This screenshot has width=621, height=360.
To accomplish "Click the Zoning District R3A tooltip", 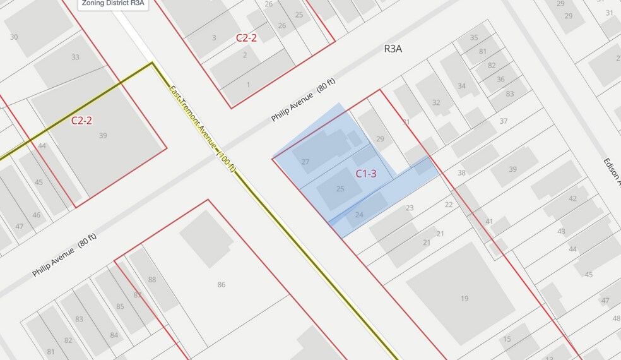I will [x=112, y=4].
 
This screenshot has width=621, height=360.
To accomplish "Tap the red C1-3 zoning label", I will [x=366, y=173].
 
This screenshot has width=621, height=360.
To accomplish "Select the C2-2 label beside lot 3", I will [x=246, y=38].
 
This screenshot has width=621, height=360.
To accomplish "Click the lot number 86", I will [x=222, y=285].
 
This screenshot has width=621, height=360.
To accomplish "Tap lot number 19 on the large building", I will [x=464, y=299].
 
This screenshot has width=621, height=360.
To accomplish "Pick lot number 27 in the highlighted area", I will [x=305, y=162].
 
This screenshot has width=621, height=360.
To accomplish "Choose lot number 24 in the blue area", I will [x=359, y=215].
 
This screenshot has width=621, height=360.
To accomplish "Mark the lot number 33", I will [x=76, y=57].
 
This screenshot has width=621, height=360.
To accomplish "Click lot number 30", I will [x=14, y=37].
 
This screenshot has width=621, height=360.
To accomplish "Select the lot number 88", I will [x=152, y=280].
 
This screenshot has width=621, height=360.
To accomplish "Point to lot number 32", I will [x=436, y=102].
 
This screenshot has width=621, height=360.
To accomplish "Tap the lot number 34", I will [x=461, y=86].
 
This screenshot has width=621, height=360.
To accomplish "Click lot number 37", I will [x=504, y=121].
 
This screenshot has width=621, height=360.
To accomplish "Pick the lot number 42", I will [x=572, y=198].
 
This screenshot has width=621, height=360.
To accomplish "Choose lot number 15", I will [x=507, y=339].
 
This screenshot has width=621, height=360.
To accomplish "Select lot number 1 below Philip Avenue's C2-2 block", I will [x=249, y=85].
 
